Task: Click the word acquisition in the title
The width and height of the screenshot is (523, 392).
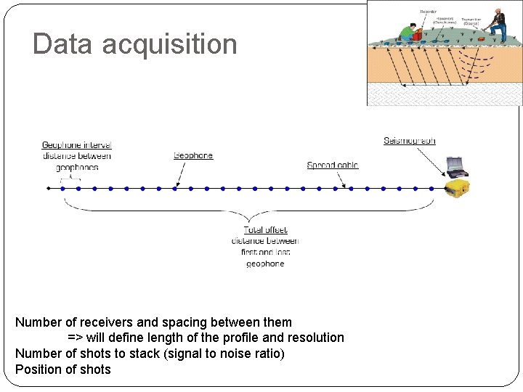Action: point(170,45)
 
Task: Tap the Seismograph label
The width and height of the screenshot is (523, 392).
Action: point(410,140)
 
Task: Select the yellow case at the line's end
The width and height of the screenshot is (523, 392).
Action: point(457,189)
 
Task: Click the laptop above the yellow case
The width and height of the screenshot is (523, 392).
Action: point(455,166)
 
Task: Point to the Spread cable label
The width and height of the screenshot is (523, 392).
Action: point(333,166)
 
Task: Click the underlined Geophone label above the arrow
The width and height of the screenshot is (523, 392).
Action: point(193,155)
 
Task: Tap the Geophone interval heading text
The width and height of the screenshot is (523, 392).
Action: point(76,145)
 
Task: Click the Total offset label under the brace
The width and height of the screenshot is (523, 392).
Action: point(265,230)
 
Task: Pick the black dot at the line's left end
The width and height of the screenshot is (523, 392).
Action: point(48,189)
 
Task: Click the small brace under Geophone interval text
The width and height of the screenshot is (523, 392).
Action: point(70,179)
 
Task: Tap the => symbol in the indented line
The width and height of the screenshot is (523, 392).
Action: point(75,338)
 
